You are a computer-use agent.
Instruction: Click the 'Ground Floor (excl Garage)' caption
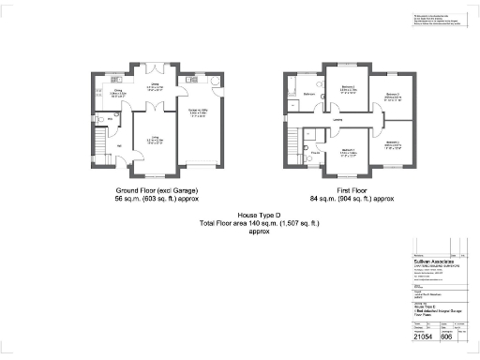tap(157, 190)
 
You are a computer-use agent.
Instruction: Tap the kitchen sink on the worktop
tap(97, 90)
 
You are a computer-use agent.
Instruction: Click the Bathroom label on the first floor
tap(308, 95)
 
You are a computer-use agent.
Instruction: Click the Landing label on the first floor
tap(337, 119)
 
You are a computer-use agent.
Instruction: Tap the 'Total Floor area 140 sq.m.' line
tap(259, 223)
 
